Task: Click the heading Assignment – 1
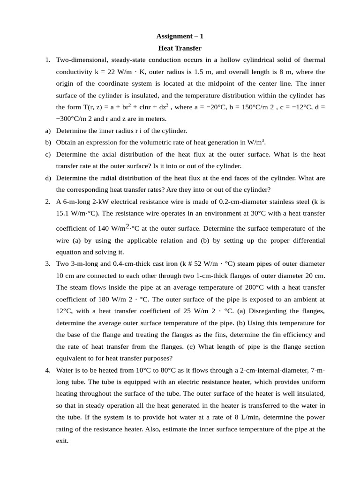tap(180, 36)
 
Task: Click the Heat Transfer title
tap(180, 48)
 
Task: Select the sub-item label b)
tap(48, 142)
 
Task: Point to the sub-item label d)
tap(48, 178)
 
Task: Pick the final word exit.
tap(62, 441)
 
